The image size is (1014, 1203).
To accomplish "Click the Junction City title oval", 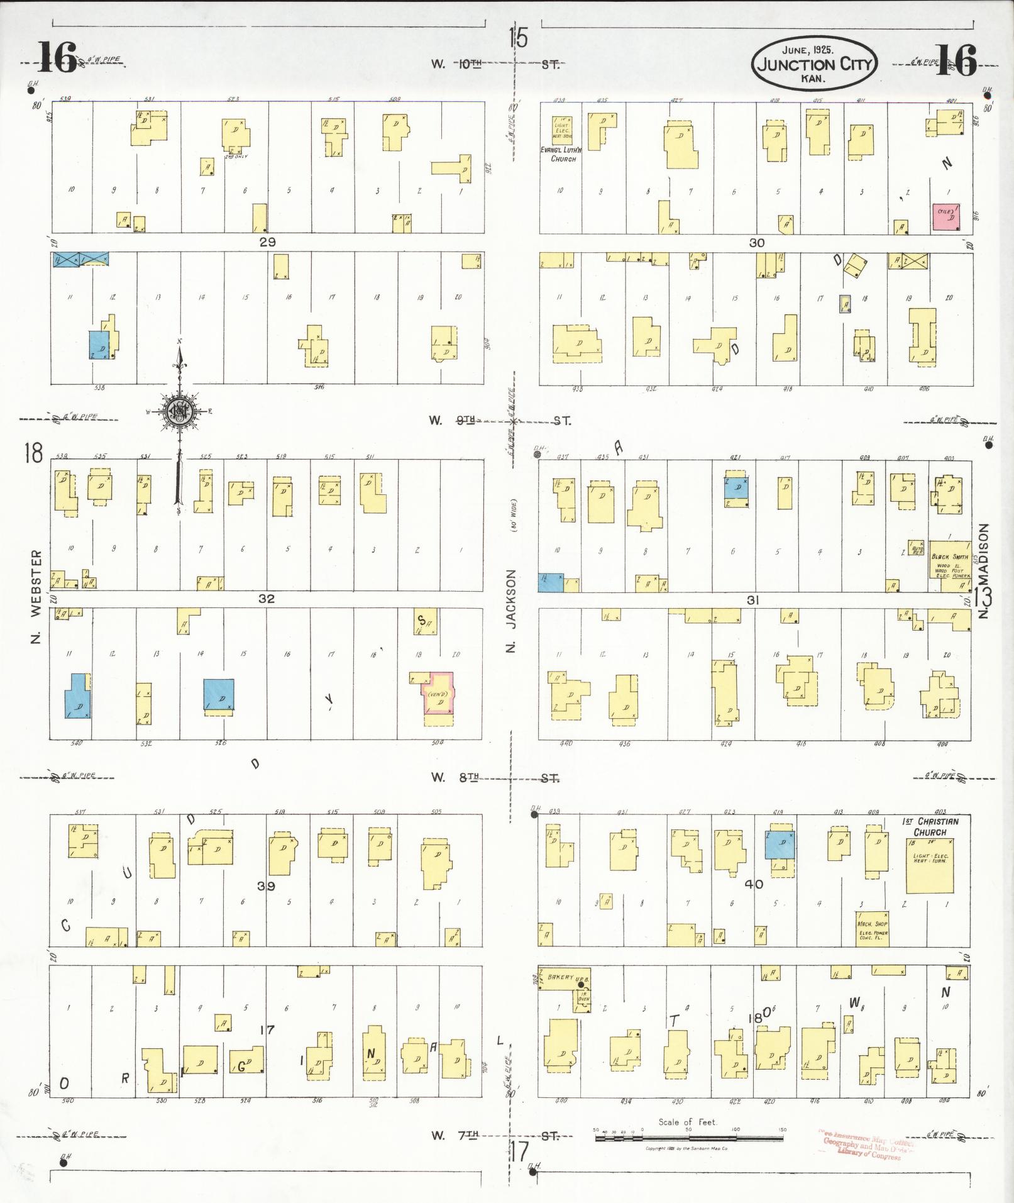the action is tap(813, 63).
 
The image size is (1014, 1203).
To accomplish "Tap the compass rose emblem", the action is tap(179, 412).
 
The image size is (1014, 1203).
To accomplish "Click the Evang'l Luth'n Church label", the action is tap(563, 155).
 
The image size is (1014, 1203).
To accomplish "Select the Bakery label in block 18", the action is tap(561, 995).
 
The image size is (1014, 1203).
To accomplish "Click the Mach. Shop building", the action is tap(873, 928).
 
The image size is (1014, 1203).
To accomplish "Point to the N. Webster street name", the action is tap(36, 597).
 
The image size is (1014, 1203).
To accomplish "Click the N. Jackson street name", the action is tap(511, 610).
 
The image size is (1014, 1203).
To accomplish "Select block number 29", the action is tap(267, 241).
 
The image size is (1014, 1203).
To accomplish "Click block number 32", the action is tap(266, 599).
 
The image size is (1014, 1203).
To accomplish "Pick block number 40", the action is tap(753, 884).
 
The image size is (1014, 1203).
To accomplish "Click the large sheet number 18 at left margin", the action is tap(33, 453).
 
